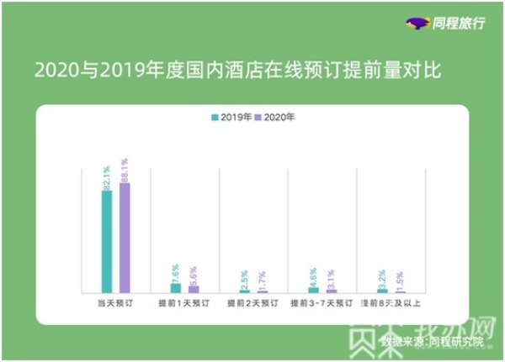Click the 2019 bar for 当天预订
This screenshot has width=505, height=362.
point(107,241)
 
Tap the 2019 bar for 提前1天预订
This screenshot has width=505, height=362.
point(176,287)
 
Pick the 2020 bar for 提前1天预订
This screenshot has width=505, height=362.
point(194,289)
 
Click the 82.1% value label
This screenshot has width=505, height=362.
point(107,177)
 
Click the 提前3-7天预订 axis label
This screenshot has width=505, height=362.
point(322,302)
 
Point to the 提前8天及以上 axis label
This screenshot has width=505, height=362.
point(391,302)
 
